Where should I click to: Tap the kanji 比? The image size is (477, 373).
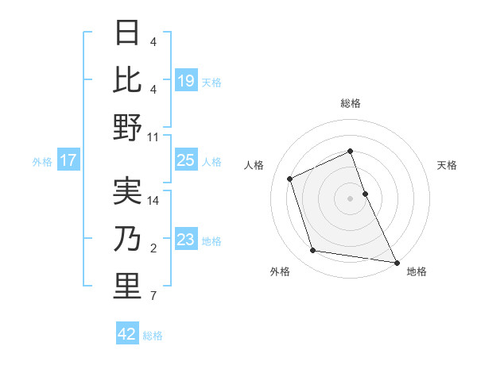[127, 79]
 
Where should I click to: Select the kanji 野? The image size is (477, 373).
[127, 127]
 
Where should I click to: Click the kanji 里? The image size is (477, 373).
[127, 286]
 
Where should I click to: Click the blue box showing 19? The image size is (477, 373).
[186, 80]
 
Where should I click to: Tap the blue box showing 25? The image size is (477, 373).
[186, 160]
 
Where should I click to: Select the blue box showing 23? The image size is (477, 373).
[186, 240]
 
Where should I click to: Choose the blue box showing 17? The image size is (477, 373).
[68, 160]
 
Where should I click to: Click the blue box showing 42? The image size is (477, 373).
[127, 334]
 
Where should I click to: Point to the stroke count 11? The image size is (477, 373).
[153, 137]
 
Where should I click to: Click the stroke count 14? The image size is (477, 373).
[153, 201]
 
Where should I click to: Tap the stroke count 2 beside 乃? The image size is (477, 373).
[153, 249]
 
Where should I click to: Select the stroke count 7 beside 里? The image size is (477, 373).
[153, 297]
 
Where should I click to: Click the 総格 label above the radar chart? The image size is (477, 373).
[351, 103]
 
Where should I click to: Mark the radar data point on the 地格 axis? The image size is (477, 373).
[395, 261]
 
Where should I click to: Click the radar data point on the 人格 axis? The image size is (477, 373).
[291, 179]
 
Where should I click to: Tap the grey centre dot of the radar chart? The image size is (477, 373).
[351, 198]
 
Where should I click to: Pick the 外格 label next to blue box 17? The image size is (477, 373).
[42, 161]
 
